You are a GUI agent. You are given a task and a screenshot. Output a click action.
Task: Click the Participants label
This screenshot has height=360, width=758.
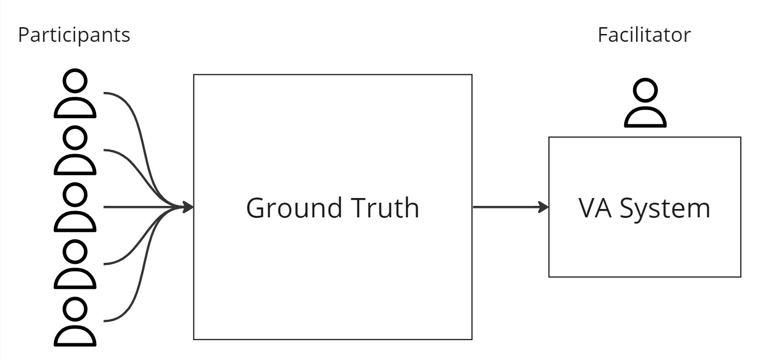(x=74, y=35)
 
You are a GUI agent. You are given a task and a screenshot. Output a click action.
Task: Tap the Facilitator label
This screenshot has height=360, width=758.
(x=644, y=34)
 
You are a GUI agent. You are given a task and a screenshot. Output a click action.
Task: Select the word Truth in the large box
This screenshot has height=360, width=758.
(x=385, y=207)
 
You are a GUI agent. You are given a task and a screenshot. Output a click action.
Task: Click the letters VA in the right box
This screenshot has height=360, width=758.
(x=595, y=208)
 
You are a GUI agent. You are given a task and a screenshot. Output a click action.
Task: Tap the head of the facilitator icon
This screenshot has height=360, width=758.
(x=645, y=90)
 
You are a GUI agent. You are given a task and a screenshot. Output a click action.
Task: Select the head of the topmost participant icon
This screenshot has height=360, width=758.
(x=75, y=81)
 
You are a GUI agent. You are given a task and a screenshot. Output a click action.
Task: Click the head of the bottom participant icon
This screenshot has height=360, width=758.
(x=75, y=309)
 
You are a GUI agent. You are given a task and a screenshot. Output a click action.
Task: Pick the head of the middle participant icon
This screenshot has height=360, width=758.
(x=75, y=195)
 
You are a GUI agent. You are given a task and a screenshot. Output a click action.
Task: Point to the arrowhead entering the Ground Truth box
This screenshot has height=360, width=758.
(x=188, y=207)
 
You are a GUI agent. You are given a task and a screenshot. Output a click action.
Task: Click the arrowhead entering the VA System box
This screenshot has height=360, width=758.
(x=543, y=207)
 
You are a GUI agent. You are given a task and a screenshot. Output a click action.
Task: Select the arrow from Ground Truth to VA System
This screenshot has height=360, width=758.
(x=511, y=207)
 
